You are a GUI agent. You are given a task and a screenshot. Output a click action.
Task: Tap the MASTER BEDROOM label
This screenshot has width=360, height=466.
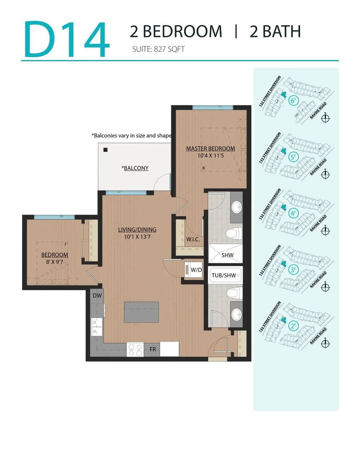(x=211, y=148)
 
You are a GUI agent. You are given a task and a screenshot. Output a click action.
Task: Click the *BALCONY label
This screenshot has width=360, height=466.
(x=135, y=168)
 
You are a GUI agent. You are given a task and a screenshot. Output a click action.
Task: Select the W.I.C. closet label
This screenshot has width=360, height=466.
(x=193, y=239)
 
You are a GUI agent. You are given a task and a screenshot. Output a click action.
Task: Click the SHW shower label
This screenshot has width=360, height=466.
(x=227, y=255)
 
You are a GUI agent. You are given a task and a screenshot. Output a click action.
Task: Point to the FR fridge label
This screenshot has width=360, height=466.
(x=153, y=349)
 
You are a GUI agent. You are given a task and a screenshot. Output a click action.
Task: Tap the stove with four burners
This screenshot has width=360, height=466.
(x=135, y=349)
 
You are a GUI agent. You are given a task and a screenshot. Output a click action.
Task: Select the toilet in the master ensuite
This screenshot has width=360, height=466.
(x=232, y=234)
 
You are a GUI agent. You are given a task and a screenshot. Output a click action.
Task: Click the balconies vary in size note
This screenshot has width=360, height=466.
(x=131, y=135)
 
